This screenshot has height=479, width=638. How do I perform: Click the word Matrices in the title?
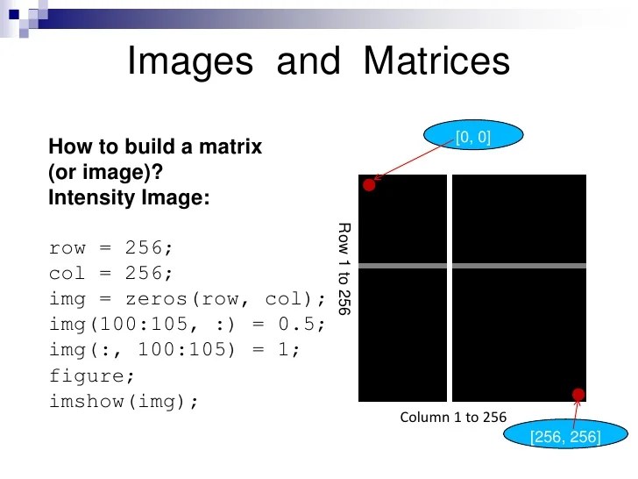click(436, 62)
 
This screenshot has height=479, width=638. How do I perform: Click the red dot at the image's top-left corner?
click(370, 185)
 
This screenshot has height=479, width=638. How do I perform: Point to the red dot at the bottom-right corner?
click(578, 394)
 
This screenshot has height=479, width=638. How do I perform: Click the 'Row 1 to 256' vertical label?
click(344, 268)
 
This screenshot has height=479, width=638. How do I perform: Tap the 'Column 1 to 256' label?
click(453, 417)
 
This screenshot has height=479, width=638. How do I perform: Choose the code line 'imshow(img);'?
click(124, 401)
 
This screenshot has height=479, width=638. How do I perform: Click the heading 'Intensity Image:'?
click(130, 197)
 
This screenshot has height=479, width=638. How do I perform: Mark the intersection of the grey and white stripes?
click(450, 265)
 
